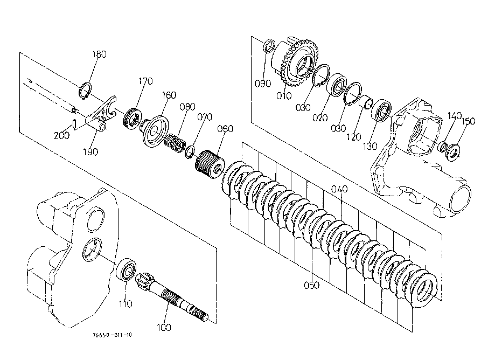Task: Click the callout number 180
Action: pyautogui.click(x=99, y=54)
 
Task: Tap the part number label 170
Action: pyautogui.click(x=145, y=81)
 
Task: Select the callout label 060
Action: pyautogui.click(x=225, y=129)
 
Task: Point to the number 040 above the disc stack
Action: pyautogui.click(x=339, y=189)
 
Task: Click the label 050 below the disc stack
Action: pyautogui.click(x=311, y=285)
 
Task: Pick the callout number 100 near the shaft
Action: pyautogui.click(x=164, y=328)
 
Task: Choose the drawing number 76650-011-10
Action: pyautogui.click(x=113, y=335)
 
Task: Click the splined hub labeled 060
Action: pyautogui.click(x=210, y=164)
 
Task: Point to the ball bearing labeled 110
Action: pyautogui.click(x=126, y=269)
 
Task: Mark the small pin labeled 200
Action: pyautogui.click(x=74, y=123)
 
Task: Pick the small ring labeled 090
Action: pyautogui.click(x=269, y=46)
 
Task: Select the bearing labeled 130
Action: pyautogui.click(x=381, y=110)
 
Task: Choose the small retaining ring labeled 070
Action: pyautogui.click(x=190, y=152)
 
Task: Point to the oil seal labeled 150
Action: pyautogui.click(x=454, y=152)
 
